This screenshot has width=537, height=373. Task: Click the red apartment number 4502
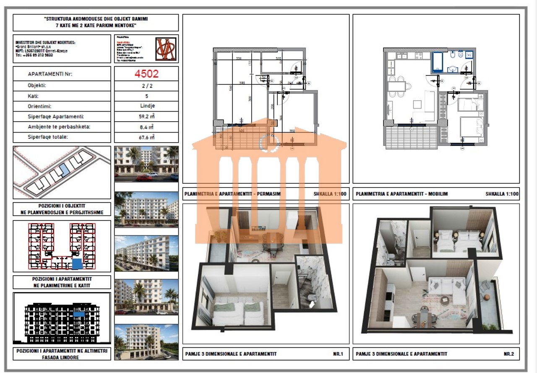(146, 74)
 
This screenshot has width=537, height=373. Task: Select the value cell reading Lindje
(146, 106)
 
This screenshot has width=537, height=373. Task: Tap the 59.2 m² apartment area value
(146, 117)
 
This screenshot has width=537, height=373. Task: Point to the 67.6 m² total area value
(146, 137)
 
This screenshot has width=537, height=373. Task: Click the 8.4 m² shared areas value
(146, 127)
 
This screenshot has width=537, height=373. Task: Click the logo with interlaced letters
(166, 49)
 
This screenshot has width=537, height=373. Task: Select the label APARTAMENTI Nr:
(50, 74)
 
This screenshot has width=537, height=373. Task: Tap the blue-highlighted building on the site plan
(64, 170)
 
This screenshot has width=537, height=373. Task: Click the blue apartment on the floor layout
(77, 264)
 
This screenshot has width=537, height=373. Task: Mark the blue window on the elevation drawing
(78, 314)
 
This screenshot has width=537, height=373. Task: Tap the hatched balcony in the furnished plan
(412, 137)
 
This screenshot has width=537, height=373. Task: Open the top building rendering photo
(146, 164)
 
